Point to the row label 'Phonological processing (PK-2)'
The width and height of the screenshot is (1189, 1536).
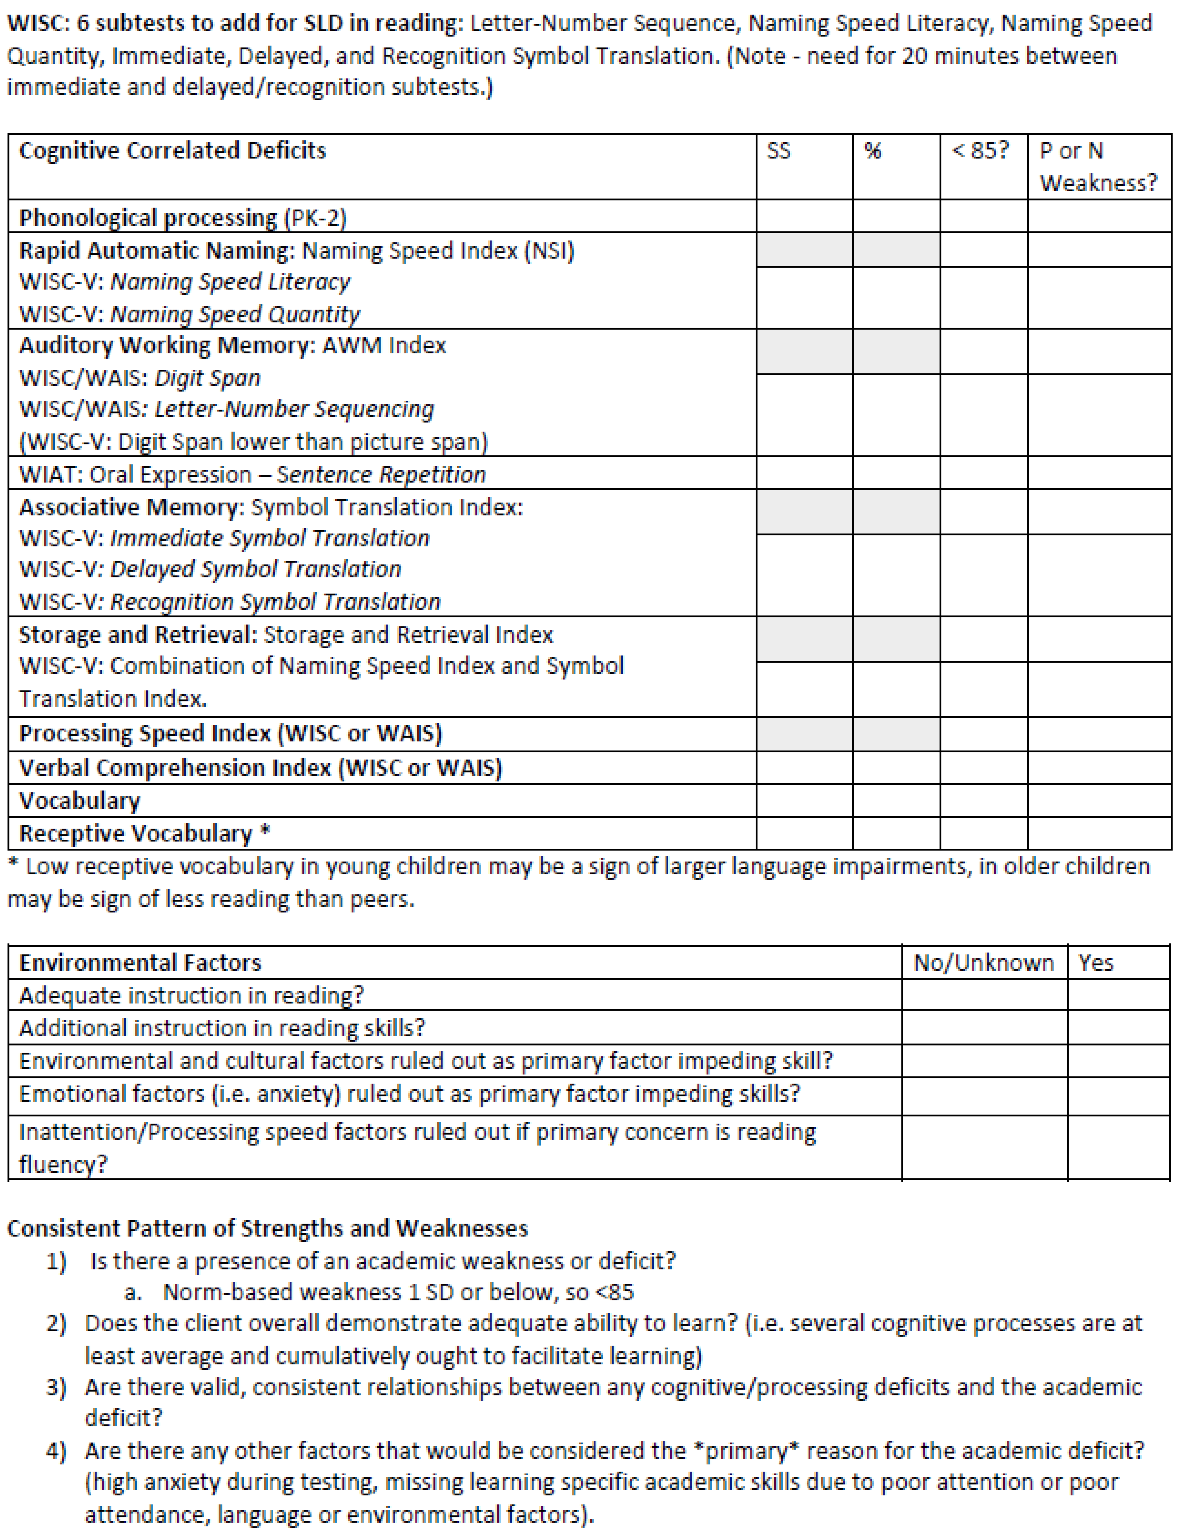click(x=183, y=218)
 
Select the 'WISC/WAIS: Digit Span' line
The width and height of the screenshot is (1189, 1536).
click(x=139, y=378)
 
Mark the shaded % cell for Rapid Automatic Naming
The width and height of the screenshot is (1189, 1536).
click(x=896, y=250)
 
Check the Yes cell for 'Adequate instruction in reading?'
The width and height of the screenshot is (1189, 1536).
click(x=1118, y=995)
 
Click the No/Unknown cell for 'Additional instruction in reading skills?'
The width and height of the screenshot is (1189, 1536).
click(x=984, y=1028)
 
